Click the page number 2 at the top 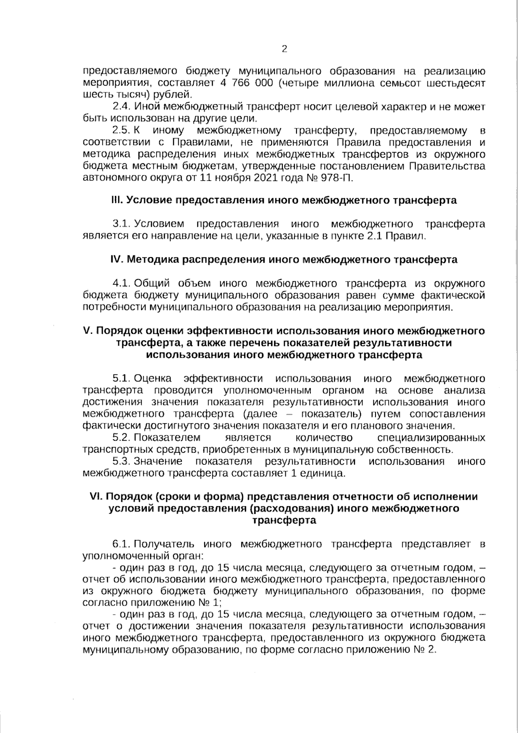284,48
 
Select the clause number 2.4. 121,106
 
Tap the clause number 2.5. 121,130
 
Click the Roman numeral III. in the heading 117,200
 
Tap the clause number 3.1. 121,224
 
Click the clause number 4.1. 121,283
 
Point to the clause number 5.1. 121,379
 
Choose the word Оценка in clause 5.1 153,379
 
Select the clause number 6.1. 121,544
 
